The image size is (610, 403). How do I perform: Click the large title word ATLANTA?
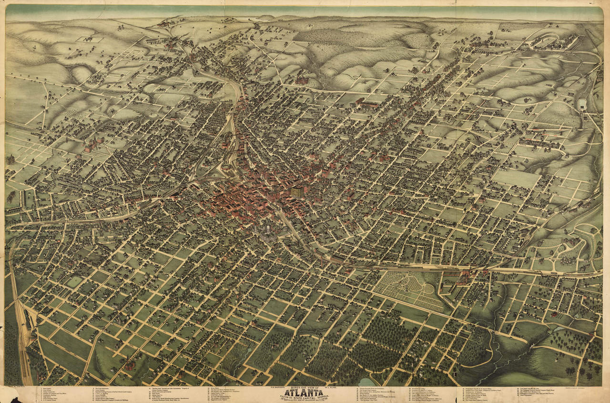(305, 392)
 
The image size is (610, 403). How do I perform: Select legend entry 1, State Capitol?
(48, 389)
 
